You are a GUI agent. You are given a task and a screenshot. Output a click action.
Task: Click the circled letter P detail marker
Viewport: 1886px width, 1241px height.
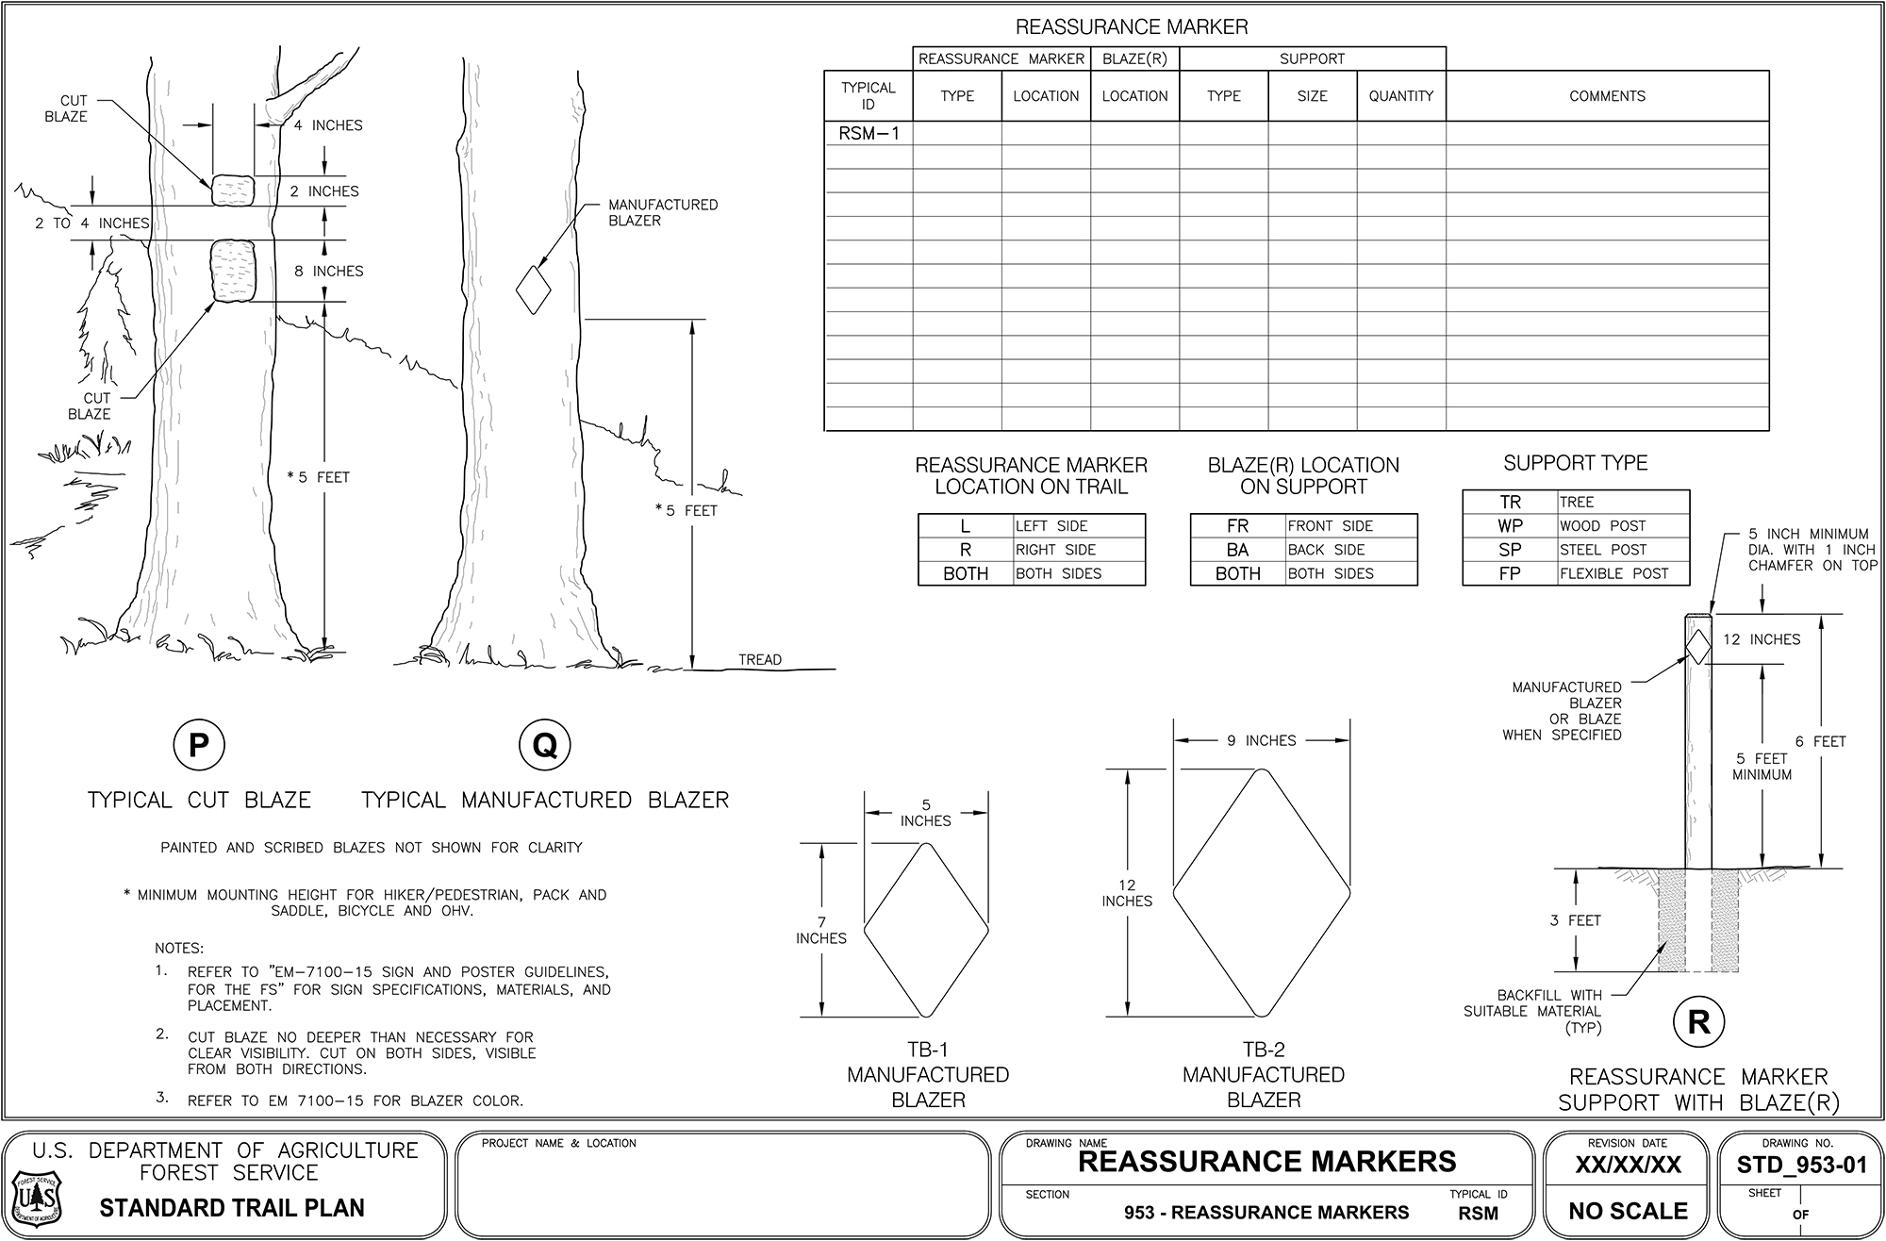click(x=198, y=746)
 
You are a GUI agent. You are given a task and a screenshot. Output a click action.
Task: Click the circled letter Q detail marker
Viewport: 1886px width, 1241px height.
click(x=545, y=746)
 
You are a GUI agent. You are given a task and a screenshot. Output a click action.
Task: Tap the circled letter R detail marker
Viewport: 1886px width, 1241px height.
click(x=1698, y=1022)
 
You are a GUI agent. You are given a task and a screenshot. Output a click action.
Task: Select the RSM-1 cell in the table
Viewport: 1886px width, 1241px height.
click(x=869, y=134)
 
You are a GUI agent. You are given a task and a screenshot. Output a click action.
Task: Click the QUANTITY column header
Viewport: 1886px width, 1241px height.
click(x=1400, y=96)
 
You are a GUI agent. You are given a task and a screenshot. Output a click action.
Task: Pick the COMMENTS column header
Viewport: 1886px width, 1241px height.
click(x=1607, y=96)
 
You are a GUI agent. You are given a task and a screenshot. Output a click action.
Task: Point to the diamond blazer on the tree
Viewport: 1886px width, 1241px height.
click(x=534, y=290)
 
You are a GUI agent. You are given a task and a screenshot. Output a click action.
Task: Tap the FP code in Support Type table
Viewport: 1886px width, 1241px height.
click(x=1509, y=573)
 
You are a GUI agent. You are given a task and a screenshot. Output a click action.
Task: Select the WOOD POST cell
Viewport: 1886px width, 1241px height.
click(x=1602, y=526)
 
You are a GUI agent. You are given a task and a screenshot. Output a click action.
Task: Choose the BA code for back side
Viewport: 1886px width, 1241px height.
click(x=1237, y=550)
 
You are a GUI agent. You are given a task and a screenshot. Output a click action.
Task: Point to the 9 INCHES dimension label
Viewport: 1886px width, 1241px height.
click(x=1261, y=741)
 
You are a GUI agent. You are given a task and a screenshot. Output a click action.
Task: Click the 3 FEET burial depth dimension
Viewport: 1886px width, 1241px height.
click(x=1575, y=920)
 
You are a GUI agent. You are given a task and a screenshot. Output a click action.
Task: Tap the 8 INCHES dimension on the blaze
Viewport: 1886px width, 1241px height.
click(x=328, y=272)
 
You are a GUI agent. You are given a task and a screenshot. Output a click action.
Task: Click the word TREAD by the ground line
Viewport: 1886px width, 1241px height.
click(x=759, y=660)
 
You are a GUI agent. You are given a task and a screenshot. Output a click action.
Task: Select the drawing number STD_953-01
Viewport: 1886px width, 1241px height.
click(x=1801, y=1166)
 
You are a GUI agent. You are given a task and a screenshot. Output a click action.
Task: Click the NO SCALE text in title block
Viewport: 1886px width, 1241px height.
click(x=1628, y=1211)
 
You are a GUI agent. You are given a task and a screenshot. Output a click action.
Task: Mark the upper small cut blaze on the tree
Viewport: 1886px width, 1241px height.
click(x=232, y=190)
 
